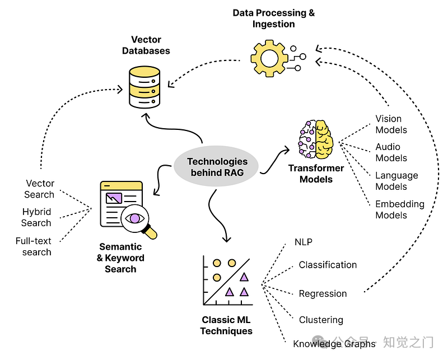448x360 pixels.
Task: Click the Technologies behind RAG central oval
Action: [217, 167]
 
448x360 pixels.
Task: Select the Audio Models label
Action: [391, 152]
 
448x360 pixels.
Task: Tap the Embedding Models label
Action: [399, 209]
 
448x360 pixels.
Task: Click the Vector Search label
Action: [39, 189]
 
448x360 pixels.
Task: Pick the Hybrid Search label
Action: [36, 217]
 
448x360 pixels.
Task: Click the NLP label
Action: [303, 242]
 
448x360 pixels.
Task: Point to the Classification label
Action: [328, 265]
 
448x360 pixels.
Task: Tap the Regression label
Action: [323, 293]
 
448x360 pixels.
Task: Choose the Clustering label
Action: [321, 320]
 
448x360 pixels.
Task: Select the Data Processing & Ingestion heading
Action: [274, 18]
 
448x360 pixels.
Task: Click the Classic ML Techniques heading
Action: [227, 325]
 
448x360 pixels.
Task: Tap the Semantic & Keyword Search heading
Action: [120, 258]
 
